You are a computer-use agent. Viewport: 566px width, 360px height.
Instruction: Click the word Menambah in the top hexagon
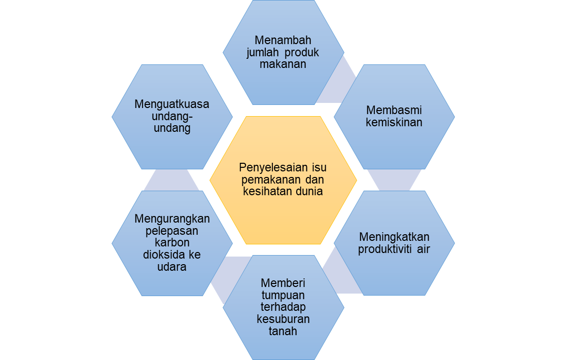coord(283,40)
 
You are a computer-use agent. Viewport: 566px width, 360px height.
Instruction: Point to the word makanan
coord(283,64)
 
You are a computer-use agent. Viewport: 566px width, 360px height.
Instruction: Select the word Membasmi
coord(394,110)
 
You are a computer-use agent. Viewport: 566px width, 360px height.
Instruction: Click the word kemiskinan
coord(394,122)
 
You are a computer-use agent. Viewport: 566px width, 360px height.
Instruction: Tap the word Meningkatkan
coord(394,237)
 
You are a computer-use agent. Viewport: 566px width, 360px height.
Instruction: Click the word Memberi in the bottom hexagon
coord(283,283)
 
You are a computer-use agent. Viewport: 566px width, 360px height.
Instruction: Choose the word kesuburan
coord(283,319)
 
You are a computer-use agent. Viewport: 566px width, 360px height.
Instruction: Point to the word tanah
coord(283,332)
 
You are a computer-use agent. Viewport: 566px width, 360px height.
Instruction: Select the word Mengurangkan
coord(172,219)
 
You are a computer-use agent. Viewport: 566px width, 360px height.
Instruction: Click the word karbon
coord(172,243)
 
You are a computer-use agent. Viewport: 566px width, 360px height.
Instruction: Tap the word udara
coord(172,267)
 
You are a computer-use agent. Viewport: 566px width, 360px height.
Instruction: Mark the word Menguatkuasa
coord(172,104)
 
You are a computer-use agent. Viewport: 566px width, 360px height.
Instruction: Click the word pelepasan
coord(172,231)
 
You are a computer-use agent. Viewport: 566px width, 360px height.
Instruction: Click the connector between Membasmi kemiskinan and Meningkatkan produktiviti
coord(394,179)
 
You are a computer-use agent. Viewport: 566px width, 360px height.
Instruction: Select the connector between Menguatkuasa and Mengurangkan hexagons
coord(172,179)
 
